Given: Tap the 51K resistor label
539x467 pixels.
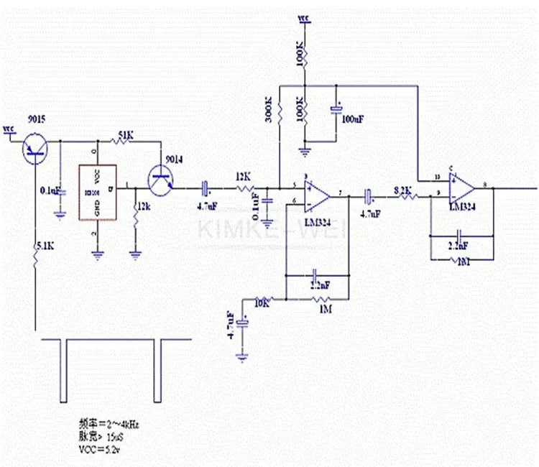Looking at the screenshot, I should pyautogui.click(x=124, y=134).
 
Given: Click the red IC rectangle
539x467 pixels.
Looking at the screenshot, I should pyautogui.click(x=98, y=193).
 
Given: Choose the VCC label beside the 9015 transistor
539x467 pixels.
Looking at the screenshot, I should pyautogui.click(x=9, y=130).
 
